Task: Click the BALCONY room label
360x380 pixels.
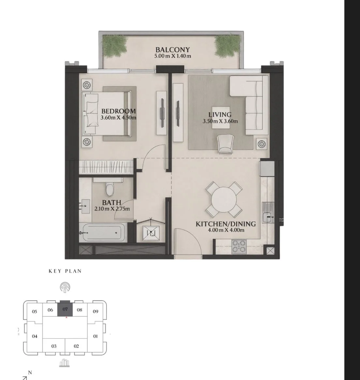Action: tap(172, 50)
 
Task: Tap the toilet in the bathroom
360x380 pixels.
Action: tap(110, 189)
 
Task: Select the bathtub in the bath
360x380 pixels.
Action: tap(102, 232)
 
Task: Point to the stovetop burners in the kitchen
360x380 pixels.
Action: tap(239, 246)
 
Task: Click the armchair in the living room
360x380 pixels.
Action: tap(225, 144)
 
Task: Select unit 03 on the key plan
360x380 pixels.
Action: tap(54, 346)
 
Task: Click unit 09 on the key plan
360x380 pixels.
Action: tap(96, 312)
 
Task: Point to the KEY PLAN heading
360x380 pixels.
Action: tap(65, 271)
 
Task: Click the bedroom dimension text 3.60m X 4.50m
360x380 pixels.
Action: tap(118, 118)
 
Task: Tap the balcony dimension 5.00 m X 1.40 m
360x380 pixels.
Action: tap(172, 56)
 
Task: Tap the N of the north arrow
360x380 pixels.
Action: tap(30, 373)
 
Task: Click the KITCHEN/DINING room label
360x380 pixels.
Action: tap(226, 224)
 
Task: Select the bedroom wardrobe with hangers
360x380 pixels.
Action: tap(106, 167)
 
